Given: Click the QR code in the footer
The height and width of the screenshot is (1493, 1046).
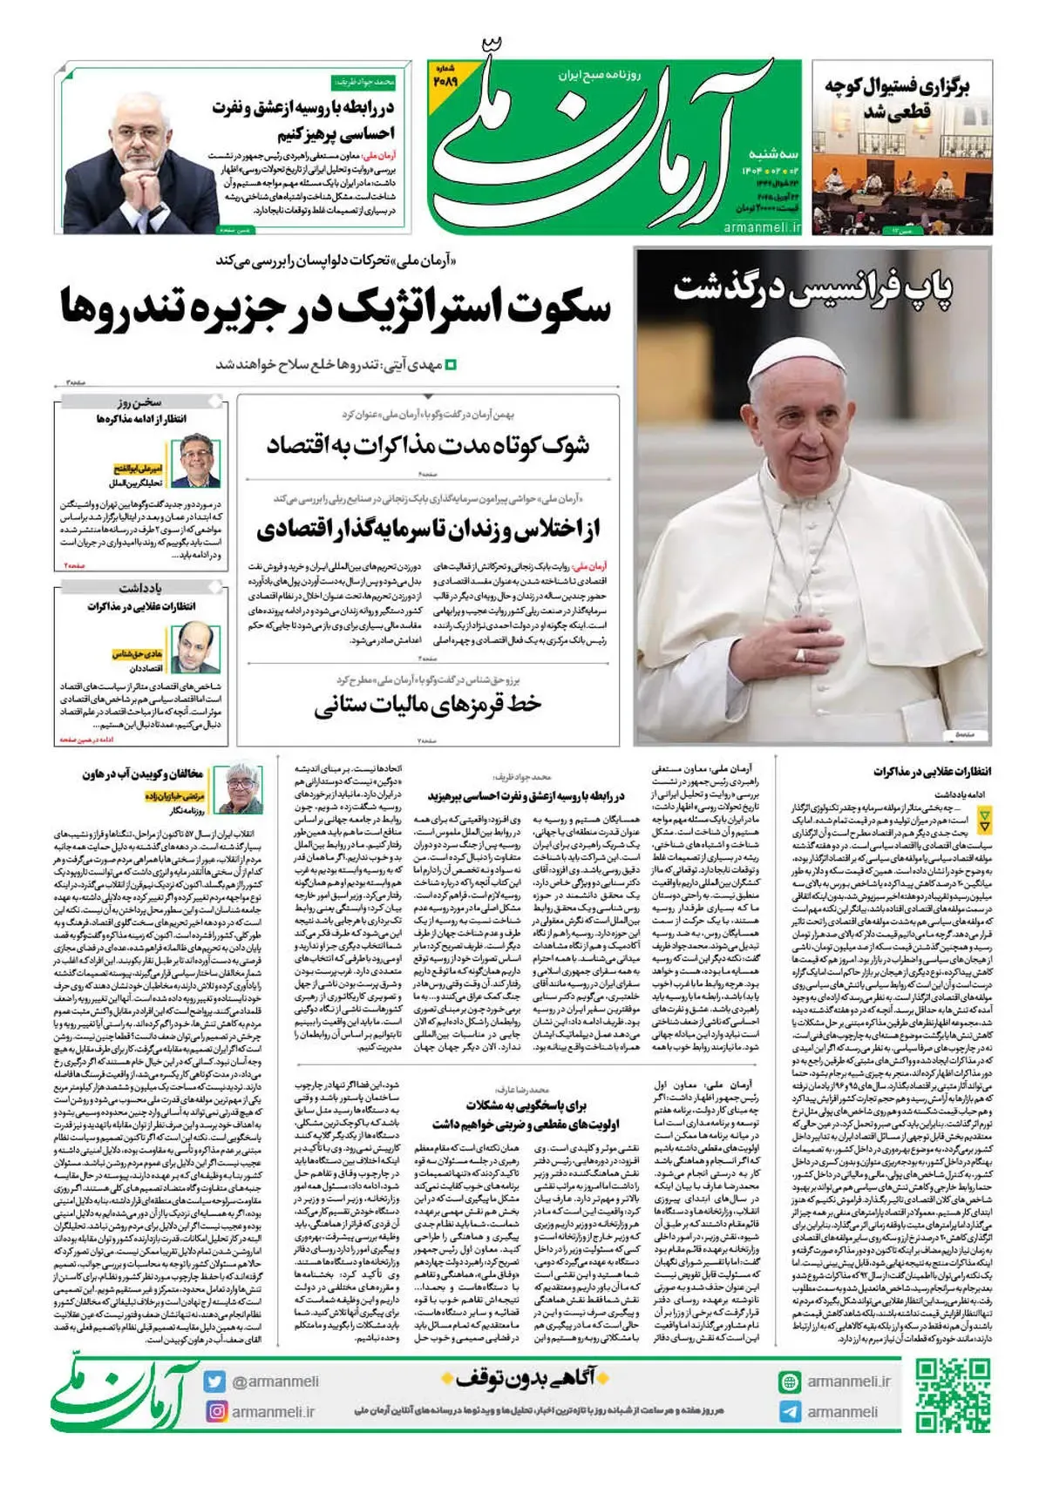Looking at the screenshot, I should coord(954,1394).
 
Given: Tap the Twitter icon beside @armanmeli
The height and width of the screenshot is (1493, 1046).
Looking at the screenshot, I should coord(214,1381).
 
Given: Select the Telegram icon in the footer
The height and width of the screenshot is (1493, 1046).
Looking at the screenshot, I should coord(791,1411).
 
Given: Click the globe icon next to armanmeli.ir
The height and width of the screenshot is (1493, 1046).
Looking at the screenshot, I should coord(791,1382).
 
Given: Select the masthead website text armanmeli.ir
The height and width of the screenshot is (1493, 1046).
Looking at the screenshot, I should coord(762,226).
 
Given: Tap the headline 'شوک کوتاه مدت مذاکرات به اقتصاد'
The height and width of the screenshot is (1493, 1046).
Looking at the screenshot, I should coord(428,446).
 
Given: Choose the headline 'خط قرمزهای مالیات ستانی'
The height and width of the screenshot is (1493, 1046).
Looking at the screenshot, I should coord(428,704).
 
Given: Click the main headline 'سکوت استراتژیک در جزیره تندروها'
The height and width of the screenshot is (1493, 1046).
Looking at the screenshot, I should coord(336,307).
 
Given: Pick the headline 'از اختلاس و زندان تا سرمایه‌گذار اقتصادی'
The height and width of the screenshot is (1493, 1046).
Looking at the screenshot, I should coord(428,529).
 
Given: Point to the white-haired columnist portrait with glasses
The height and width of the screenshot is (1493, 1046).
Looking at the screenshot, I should coord(244,787).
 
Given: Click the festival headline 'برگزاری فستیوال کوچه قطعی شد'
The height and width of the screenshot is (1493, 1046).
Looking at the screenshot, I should coord(897,98).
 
